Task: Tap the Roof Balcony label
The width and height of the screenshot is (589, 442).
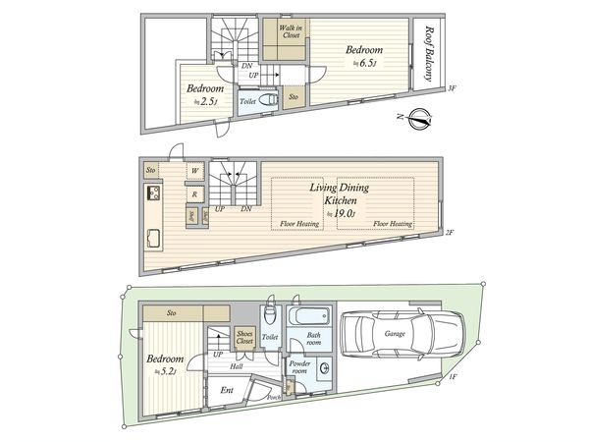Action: point(429,54)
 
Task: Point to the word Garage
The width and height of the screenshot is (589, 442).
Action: point(395,334)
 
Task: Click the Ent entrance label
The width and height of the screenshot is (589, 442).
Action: point(228,391)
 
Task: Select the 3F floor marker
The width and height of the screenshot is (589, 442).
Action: point(452,88)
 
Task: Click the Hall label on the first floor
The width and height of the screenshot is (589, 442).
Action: point(236,366)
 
